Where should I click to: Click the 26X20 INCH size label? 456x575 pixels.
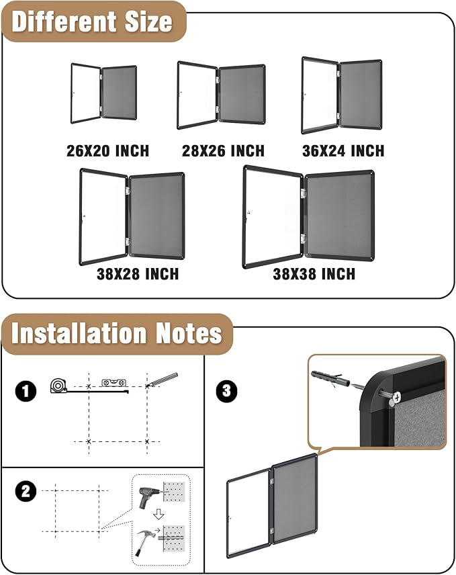[107, 150]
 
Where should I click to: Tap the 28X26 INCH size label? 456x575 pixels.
[223, 150]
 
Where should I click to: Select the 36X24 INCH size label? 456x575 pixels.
[343, 150]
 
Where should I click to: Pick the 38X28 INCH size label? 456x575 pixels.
[138, 273]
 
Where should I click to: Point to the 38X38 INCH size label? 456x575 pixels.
[314, 273]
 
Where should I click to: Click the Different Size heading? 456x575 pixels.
[92, 21]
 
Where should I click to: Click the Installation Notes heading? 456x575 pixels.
[116, 333]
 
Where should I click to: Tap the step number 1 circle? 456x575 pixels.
[26, 391]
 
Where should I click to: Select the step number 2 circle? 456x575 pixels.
[26, 491]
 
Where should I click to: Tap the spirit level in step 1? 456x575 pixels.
[113, 382]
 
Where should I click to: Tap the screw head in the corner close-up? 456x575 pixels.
[394, 398]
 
